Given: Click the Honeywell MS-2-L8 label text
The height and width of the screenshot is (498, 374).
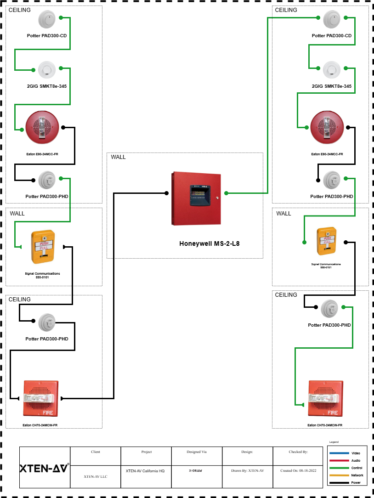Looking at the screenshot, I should point(209,243).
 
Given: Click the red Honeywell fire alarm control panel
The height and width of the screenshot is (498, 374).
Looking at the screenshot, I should point(196,198).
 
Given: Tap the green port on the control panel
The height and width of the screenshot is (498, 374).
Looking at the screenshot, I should point(226,193).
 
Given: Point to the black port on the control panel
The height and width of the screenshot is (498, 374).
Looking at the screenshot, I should point(166,193).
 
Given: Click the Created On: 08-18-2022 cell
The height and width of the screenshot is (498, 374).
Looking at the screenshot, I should point(298,470).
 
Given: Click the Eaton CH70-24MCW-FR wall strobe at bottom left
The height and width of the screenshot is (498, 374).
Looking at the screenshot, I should point(40,397).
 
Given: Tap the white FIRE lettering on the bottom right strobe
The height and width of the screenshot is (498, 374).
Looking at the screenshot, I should point(332,413).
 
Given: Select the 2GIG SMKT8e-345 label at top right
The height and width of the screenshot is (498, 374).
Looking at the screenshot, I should point(331,86).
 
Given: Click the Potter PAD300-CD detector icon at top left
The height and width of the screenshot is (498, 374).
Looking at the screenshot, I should point(46,19).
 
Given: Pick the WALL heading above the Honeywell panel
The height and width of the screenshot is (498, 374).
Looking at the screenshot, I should point(118,157).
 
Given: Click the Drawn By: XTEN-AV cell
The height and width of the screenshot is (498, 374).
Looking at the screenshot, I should point(247,470).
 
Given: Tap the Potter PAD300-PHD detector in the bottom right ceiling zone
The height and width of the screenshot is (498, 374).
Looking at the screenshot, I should point(329,309).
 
